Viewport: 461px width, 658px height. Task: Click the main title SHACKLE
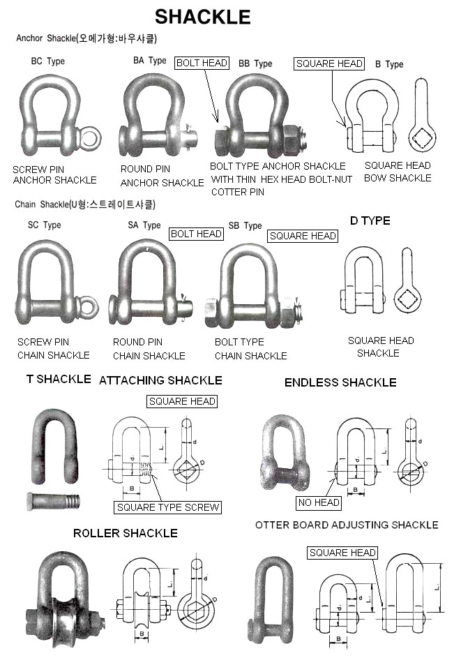pyautogui.click(x=202, y=16)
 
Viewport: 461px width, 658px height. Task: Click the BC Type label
pyautogui.click(x=48, y=61)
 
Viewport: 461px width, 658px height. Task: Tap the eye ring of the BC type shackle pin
pyautogui.click(x=89, y=138)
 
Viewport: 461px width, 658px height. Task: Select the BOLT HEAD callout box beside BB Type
pyautogui.click(x=202, y=63)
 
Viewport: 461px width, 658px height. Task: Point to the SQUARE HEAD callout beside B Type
pyautogui.click(x=329, y=63)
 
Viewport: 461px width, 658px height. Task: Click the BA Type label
pyautogui.click(x=150, y=61)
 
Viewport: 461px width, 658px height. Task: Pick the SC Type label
pyautogui.click(x=44, y=225)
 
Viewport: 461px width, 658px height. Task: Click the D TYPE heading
pyautogui.click(x=370, y=220)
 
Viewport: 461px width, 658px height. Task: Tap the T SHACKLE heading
pyautogui.click(x=59, y=379)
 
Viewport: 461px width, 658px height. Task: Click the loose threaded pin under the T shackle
pyautogui.click(x=54, y=500)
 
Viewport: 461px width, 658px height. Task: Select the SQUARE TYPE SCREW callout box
pyautogui.click(x=167, y=507)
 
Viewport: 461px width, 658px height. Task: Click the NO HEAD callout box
pyautogui.click(x=319, y=502)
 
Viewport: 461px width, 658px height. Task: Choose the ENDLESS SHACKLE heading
pyautogui.click(x=340, y=382)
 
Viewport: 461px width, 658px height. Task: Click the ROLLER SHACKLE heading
pyautogui.click(x=126, y=533)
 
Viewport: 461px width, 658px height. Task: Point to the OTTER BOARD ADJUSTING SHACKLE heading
pyautogui.click(x=347, y=525)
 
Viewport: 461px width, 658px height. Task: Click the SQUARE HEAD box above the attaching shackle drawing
pyautogui.click(x=182, y=401)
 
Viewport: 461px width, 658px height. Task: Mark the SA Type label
pyautogui.click(x=144, y=225)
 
